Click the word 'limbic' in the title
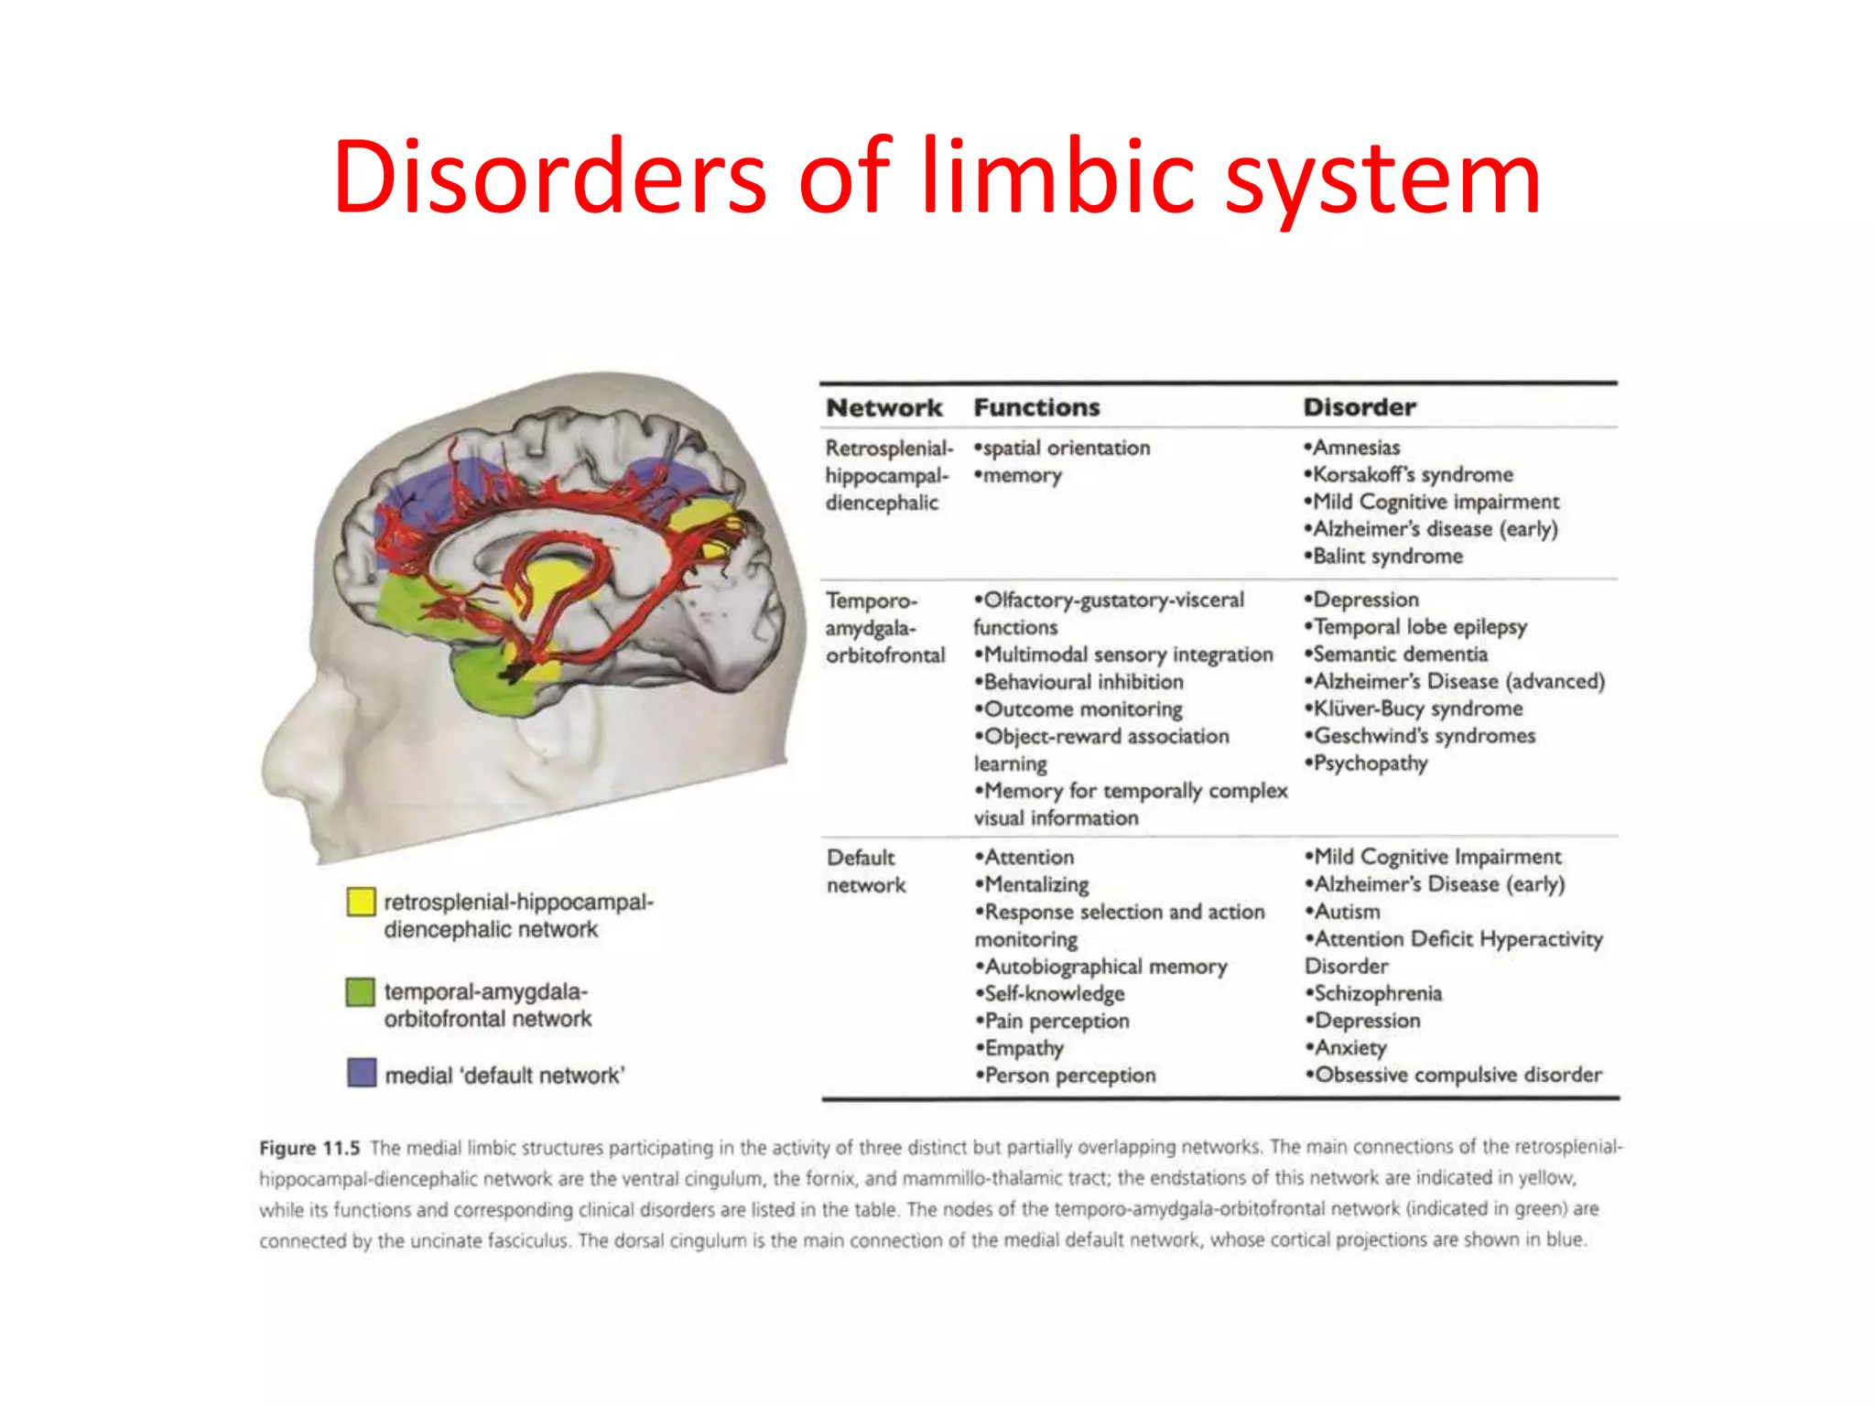1057,177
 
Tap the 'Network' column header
883,407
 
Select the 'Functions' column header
1036,407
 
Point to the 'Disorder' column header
1360,407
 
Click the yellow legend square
361,902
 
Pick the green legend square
361,991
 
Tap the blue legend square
362,1073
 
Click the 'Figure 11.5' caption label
309,1148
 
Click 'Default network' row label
865,871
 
